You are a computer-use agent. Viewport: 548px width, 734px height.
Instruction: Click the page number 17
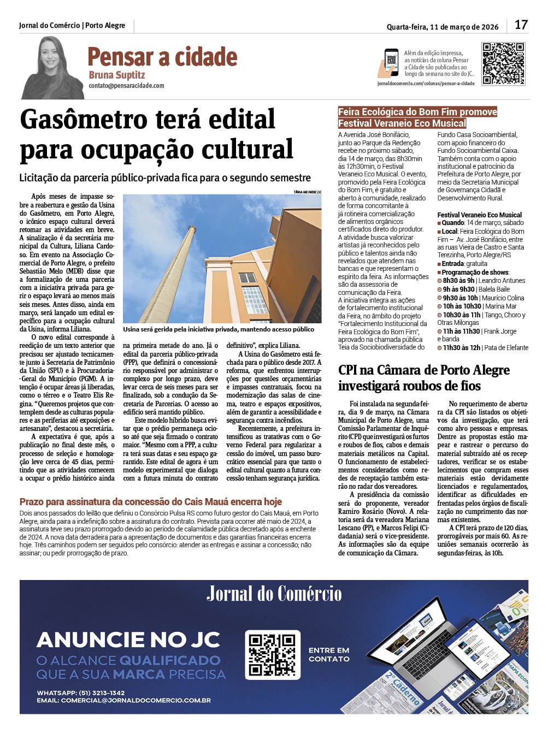click(521, 25)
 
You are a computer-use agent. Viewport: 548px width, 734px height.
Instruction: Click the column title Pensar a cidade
click(162, 56)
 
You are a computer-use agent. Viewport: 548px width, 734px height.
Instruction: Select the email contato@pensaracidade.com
click(126, 86)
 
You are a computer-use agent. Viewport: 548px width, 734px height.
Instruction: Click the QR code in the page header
click(503, 63)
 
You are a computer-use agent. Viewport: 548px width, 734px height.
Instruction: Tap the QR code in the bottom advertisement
click(272, 654)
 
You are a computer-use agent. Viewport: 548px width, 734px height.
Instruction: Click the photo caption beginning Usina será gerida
click(219, 329)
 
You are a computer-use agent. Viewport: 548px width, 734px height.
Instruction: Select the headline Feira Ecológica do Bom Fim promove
click(417, 112)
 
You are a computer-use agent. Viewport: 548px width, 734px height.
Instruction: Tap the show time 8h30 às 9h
click(458, 281)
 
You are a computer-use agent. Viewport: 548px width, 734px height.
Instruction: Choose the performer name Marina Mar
click(501, 306)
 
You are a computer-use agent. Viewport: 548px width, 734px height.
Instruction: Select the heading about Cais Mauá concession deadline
click(150, 501)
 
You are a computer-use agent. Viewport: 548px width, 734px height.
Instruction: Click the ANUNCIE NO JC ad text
click(128, 640)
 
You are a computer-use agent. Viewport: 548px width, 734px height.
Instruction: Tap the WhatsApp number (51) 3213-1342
click(102, 693)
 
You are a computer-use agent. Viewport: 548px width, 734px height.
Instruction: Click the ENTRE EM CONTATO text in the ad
click(329, 654)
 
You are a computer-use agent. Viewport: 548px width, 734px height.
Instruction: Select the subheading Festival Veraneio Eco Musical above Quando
click(479, 215)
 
